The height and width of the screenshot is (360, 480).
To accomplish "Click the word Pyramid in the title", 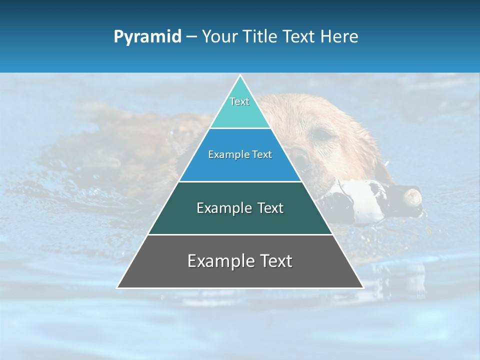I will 147,37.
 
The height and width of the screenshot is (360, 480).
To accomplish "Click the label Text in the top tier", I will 239,101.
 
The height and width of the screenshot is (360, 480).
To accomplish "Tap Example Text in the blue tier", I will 240,154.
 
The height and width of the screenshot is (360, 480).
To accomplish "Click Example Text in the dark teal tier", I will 240,208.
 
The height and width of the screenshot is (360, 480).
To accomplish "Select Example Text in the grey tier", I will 240,261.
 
